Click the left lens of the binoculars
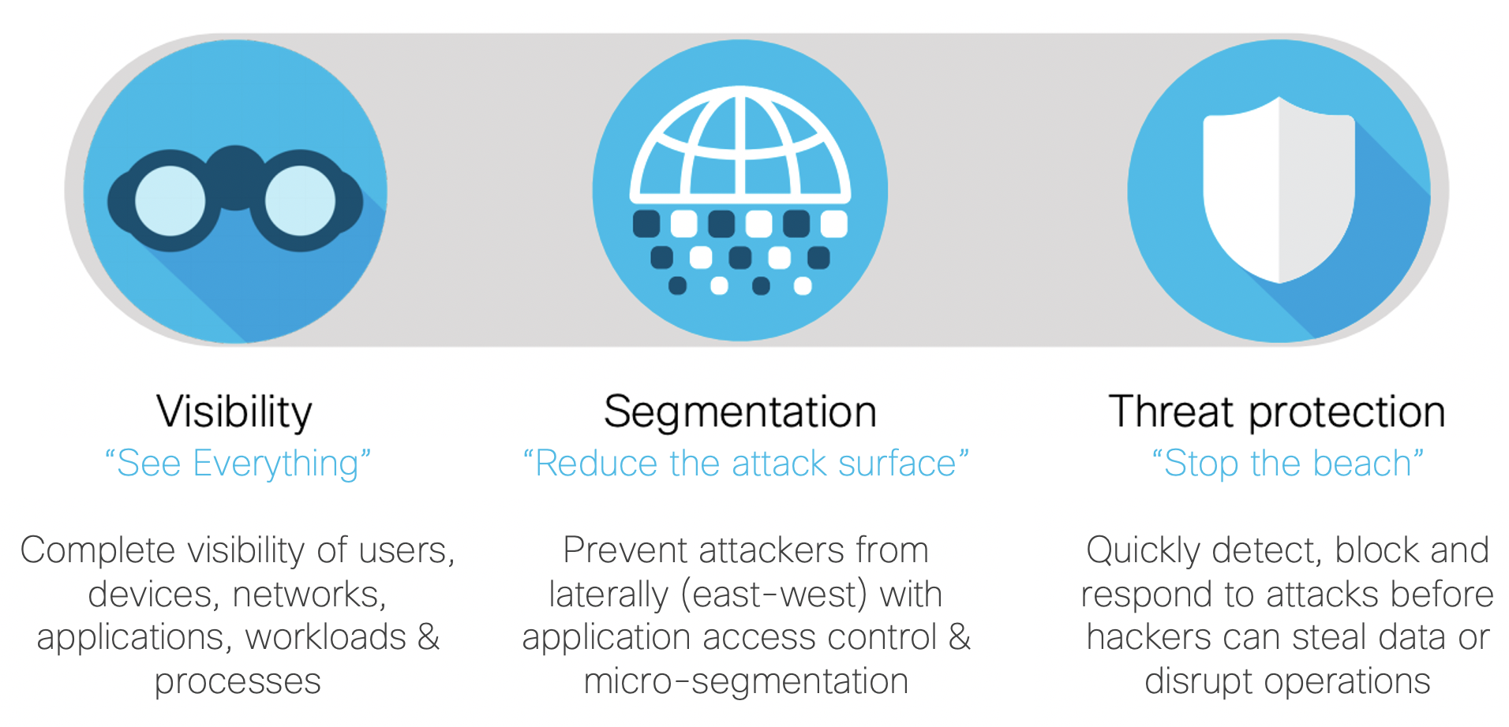170,200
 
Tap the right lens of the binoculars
300,200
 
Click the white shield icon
1279,189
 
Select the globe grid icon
740,141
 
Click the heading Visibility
234,412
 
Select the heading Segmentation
740,413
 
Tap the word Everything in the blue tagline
276,464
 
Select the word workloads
326,637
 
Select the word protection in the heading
1347,412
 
